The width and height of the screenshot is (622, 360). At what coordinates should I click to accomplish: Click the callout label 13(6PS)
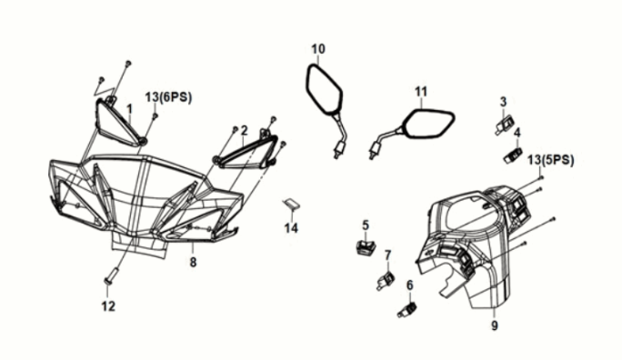click(168, 97)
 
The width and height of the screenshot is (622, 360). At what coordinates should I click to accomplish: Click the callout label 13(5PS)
click(550, 160)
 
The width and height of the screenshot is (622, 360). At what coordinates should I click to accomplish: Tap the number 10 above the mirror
click(318, 49)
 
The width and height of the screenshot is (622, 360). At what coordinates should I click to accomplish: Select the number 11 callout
click(421, 92)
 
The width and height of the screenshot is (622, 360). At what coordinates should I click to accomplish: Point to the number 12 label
click(108, 306)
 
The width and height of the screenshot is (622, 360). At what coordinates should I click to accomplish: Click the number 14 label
click(291, 228)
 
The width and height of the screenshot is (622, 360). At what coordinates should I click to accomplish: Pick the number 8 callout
click(193, 263)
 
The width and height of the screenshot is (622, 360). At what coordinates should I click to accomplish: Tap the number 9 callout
click(495, 325)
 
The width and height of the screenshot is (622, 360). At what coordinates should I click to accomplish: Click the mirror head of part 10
click(324, 90)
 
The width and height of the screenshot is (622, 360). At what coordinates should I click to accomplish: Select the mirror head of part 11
click(428, 125)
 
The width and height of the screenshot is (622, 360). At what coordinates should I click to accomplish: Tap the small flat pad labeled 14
click(291, 205)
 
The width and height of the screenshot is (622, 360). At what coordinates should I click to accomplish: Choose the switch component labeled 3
click(504, 124)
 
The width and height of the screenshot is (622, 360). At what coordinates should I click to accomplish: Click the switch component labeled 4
click(513, 155)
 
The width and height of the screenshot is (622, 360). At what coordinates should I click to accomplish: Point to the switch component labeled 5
click(366, 246)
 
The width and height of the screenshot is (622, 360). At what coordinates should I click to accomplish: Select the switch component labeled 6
click(406, 310)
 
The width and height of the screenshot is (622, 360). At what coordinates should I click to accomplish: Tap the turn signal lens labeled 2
click(246, 153)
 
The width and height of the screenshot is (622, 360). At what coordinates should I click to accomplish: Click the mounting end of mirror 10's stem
click(338, 152)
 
